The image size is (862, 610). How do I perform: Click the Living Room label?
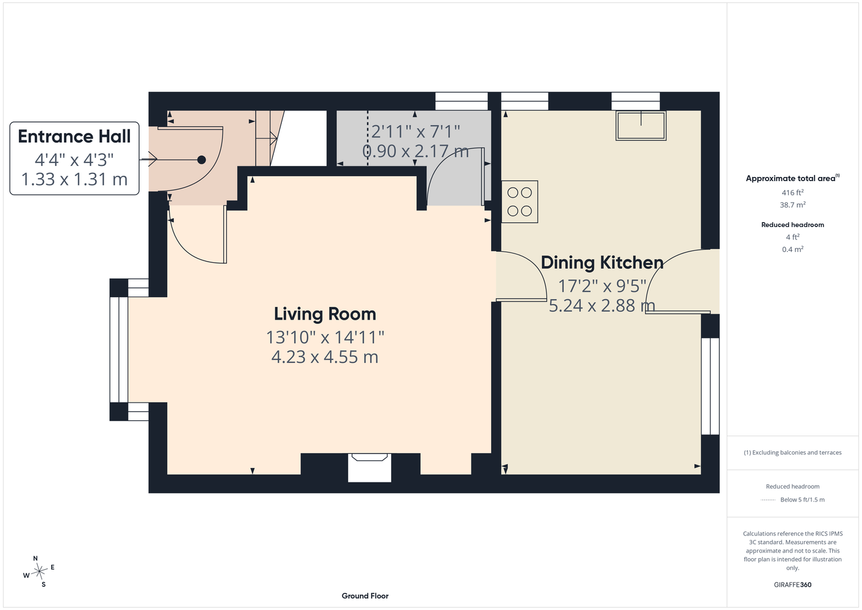325,314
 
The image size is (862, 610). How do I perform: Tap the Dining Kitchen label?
602,262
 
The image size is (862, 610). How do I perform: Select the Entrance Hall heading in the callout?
74,136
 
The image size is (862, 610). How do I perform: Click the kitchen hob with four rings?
520,202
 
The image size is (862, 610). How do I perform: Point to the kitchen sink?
641,126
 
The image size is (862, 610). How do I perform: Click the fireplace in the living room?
370,467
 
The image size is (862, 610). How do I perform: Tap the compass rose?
39,572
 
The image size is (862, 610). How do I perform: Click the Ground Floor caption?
365,596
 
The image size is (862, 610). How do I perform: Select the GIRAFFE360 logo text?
792,584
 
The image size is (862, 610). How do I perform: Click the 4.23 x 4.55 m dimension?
325,357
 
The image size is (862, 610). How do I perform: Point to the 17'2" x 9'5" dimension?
602,286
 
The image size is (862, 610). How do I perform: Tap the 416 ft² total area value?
792,192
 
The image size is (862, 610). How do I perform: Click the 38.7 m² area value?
792,205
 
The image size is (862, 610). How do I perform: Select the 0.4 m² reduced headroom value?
792,249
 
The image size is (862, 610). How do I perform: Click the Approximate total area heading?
792,178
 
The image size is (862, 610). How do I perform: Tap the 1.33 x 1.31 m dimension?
74,179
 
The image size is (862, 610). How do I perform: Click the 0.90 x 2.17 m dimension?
415,151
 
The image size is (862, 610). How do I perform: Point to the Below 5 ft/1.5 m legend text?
802,500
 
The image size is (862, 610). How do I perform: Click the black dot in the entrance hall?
202,160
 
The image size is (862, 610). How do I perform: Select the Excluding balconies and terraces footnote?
792,453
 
